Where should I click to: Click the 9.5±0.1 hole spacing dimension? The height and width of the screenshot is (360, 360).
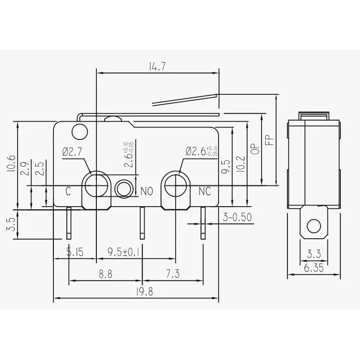click(x=123, y=253)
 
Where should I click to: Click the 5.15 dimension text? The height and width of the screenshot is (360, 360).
click(x=75, y=253)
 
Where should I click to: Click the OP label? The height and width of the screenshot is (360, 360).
click(x=254, y=148)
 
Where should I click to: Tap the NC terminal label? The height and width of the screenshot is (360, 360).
click(x=205, y=192)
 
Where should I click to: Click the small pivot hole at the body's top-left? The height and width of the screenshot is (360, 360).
click(x=79, y=132)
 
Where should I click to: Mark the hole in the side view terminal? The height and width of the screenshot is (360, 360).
click(x=313, y=226)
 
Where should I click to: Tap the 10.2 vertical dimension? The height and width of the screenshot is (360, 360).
click(x=239, y=165)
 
